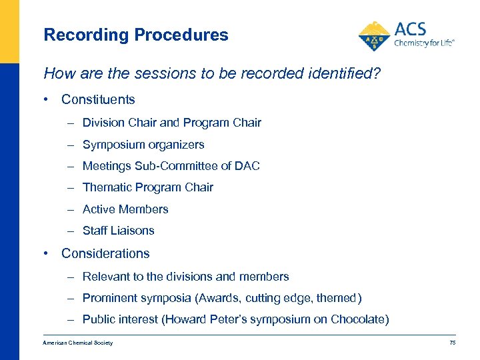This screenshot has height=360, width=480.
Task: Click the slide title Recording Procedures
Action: [135, 35]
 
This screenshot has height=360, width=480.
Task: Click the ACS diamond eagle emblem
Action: [375, 36]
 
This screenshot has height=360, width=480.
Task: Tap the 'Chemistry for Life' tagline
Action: [424, 43]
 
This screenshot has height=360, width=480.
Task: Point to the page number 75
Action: [452, 343]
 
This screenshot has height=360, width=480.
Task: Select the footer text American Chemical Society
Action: [78, 343]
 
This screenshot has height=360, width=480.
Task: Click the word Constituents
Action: [98, 100]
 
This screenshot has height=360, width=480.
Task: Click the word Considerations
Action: [105, 254]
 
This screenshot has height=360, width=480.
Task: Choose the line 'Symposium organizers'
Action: [143, 145]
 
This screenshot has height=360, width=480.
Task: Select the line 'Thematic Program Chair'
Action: [147, 187]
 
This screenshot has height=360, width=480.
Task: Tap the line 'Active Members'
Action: [125, 209]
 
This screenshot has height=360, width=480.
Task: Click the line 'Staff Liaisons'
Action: [118, 231]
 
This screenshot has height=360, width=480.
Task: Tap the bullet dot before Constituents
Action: [45, 100]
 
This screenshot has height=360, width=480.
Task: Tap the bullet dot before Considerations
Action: [45, 254]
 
